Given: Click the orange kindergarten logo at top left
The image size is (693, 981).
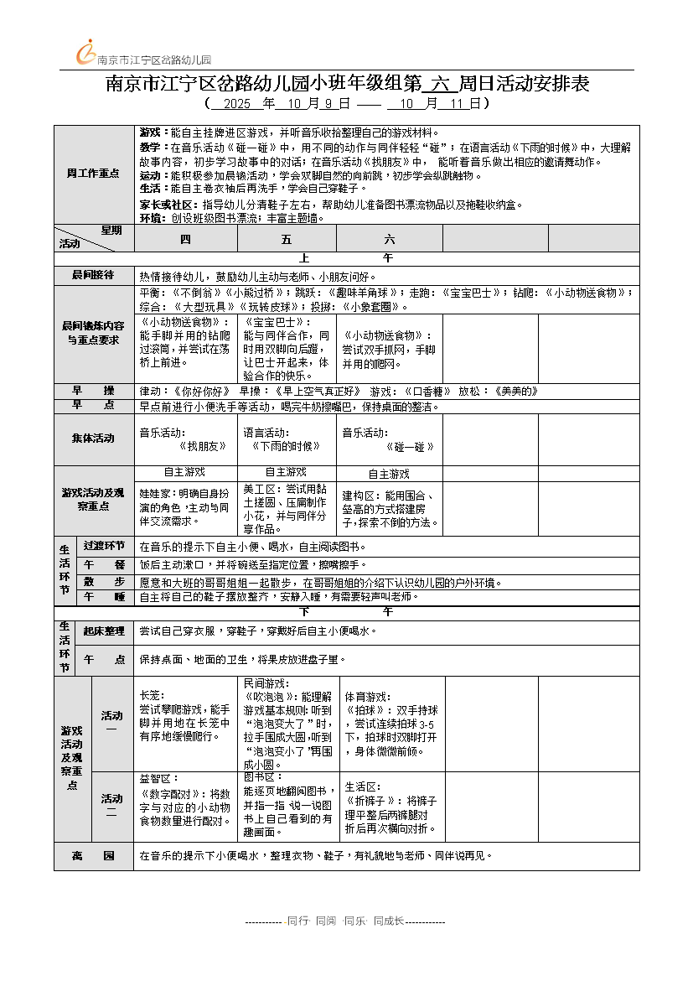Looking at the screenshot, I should pos(86,52).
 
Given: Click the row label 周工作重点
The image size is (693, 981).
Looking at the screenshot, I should pos(93,174).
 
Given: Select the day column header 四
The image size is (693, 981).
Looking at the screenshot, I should pos(185,239).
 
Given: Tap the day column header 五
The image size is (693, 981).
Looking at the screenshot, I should pos(287,239).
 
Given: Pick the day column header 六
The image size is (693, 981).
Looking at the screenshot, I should pos(389,239).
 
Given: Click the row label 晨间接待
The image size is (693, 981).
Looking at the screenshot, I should pos(93,275).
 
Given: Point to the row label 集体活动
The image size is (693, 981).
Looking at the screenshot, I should pos(93,439).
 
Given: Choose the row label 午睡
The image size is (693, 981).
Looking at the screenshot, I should pos(104,597).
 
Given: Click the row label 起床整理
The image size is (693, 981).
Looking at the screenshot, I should pos(104,631).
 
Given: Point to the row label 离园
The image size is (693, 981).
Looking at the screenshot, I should pos(93,855).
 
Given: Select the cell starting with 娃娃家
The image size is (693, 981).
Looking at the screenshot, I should pos(185,507).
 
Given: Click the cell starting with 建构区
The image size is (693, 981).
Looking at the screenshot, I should pos(389,509).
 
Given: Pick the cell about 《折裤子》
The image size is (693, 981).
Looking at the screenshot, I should pos(390,809).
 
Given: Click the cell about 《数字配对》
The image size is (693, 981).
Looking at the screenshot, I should pos(185,807).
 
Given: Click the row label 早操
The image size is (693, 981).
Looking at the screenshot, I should pos(93,391).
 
